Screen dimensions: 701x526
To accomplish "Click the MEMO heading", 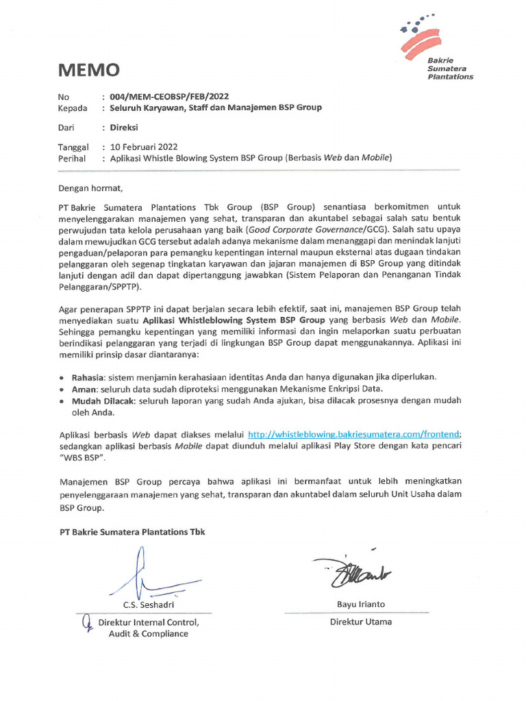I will (89, 70).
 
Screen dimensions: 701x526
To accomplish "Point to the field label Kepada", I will (73, 107).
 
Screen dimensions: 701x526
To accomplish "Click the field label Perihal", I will (73, 158).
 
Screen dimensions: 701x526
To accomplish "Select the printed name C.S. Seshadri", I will (148, 604).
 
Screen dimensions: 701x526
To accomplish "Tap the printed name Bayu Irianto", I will (361, 604).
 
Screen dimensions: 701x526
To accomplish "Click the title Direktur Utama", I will (361, 622).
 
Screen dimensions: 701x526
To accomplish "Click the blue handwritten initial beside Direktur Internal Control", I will (87, 623).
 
